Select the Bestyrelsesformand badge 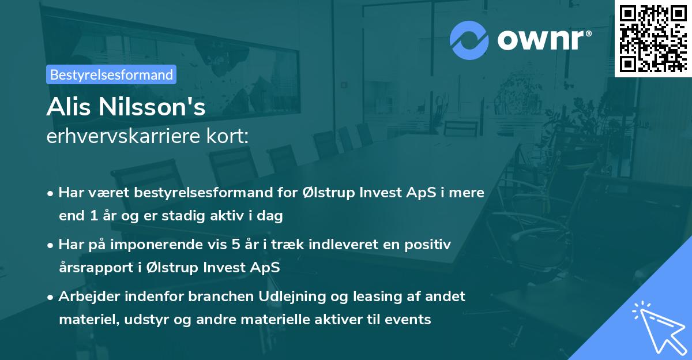111,74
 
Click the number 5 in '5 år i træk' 235,245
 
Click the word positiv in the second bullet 430,245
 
